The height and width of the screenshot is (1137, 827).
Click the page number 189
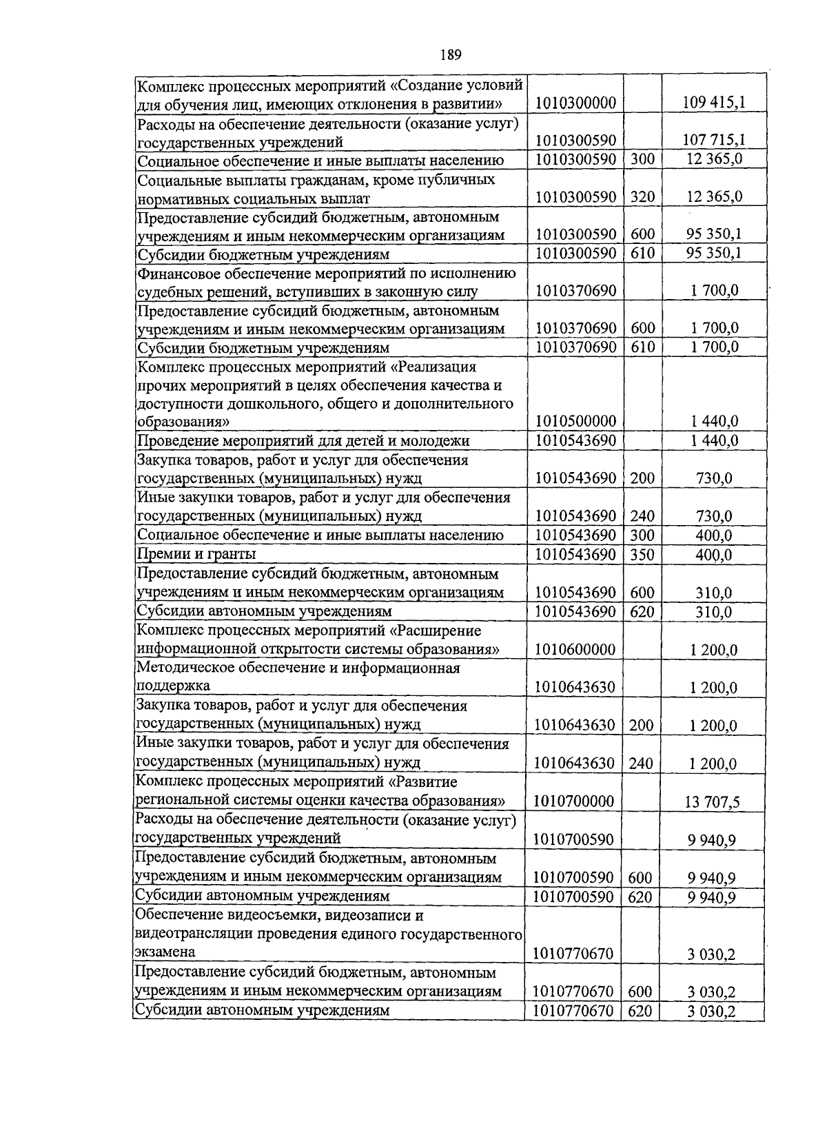point(449,55)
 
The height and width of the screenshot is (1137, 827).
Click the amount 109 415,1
point(713,104)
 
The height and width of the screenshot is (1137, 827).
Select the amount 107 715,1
point(713,141)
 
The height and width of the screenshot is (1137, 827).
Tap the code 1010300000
point(575,104)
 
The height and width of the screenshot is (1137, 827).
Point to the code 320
point(642,197)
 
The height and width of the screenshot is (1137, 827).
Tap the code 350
point(642,555)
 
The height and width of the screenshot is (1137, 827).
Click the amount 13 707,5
point(713,802)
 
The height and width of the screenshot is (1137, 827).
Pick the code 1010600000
point(575,650)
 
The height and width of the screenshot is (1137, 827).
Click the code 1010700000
point(575,801)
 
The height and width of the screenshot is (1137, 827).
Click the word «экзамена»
point(165,952)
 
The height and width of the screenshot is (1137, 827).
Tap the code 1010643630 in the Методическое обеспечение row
point(575,688)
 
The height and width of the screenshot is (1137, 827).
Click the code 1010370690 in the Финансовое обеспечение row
point(575,291)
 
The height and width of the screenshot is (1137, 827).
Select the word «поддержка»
point(172,686)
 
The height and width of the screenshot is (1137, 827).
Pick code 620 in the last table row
point(641,1011)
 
